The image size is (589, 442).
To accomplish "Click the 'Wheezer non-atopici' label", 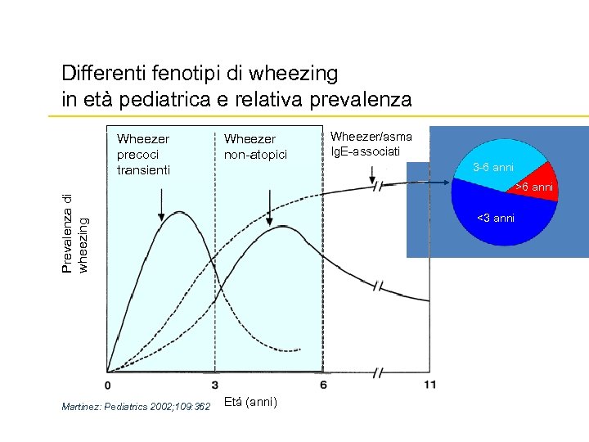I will pyautogui.click(x=250, y=147).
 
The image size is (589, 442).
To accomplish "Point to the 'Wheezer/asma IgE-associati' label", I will pyautogui.click(x=371, y=144).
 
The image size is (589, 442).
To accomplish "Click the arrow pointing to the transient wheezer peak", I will pyautogui.click(x=161, y=204).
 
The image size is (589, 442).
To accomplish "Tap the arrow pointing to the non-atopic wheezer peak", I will pyautogui.click(x=270, y=204).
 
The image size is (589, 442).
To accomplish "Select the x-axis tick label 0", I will pyautogui.click(x=108, y=386).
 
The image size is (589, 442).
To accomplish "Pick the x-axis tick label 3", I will pyautogui.click(x=214, y=386).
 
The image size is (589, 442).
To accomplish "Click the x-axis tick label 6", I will pyautogui.click(x=324, y=386).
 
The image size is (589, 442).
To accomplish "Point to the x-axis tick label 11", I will pyautogui.click(x=429, y=386).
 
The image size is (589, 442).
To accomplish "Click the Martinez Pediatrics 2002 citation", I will pyautogui.click(x=136, y=406).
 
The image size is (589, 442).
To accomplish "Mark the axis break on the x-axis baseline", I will pyautogui.click(x=378, y=372).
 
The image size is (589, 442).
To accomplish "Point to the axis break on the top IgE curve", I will pyautogui.click(x=378, y=187).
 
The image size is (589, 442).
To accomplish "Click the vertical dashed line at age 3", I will pyautogui.click(x=214, y=311).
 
